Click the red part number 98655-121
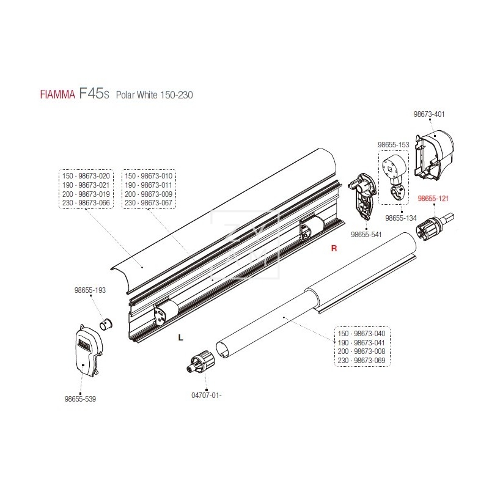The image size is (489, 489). (433, 198)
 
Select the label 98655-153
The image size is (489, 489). (393, 144)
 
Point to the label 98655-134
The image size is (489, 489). (400, 218)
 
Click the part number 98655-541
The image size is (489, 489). (366, 233)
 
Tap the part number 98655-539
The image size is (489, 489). (80, 399)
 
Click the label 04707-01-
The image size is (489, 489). (207, 394)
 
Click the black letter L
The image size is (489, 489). (180, 336)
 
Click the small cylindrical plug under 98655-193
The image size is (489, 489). (106, 323)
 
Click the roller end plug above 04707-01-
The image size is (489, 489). (202, 362)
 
